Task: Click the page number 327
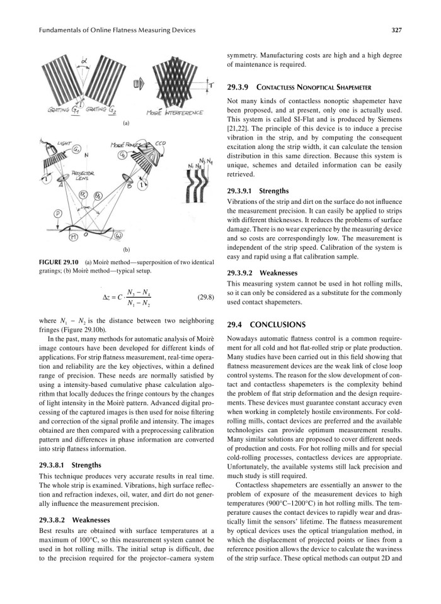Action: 396,30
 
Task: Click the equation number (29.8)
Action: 207,296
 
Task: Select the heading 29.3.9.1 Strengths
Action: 258,190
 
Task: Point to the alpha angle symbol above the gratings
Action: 84,61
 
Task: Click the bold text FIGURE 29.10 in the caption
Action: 60,261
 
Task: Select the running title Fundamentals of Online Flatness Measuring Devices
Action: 117,30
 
